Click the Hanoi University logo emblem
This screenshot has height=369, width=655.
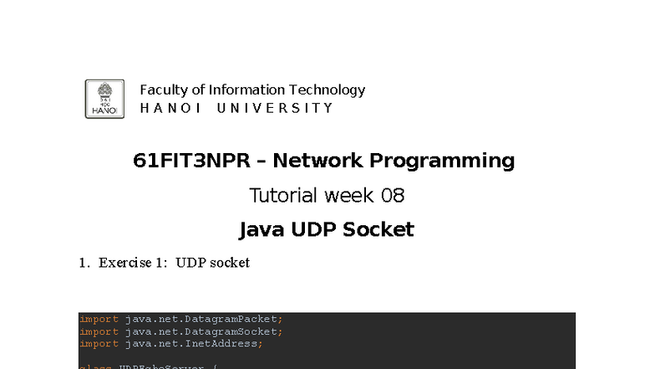tap(104, 99)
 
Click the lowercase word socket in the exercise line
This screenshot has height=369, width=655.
tap(231, 263)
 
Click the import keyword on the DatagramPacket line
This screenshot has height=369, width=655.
tap(99, 319)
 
